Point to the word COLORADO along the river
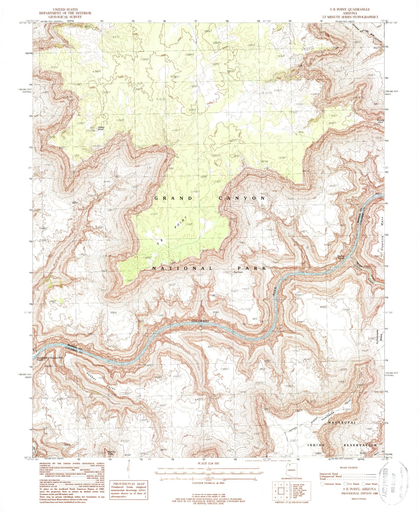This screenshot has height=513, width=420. point(200,321)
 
